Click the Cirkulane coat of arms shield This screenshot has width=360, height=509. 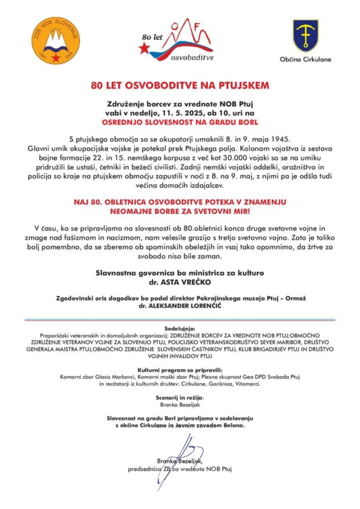(305, 35)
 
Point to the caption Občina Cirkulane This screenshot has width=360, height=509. (305, 59)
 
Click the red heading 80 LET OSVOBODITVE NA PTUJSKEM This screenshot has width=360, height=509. (180, 86)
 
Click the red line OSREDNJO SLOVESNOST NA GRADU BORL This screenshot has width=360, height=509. (180, 122)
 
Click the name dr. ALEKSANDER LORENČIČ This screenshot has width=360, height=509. (180, 306)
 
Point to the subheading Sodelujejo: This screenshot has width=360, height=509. (180, 327)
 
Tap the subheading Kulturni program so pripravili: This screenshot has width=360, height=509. (180, 370)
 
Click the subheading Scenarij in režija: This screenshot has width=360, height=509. (180, 397)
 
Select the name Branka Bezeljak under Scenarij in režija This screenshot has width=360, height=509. (180, 404)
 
